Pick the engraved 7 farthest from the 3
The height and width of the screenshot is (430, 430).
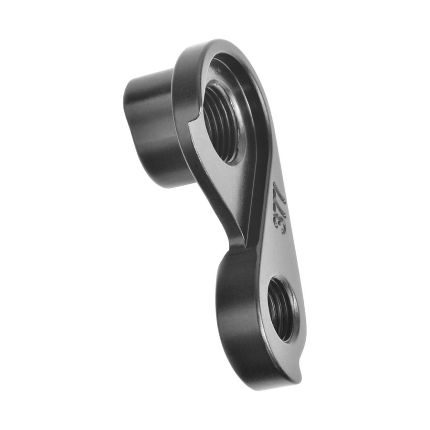click(279, 191)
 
